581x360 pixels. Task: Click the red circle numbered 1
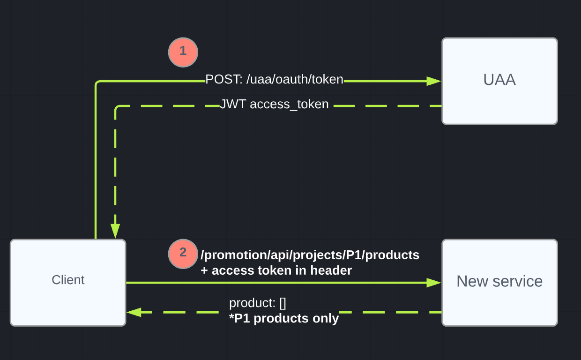tap(183, 52)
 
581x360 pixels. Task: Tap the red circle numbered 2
tap(183, 254)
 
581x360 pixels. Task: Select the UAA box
tap(499, 81)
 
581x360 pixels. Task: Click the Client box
tap(68, 282)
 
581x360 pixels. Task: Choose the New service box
tap(499, 282)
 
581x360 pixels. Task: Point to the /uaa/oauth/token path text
tap(293, 80)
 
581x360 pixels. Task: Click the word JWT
tap(233, 104)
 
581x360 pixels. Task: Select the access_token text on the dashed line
tap(289, 104)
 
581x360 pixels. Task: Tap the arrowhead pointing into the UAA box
tap(434, 81)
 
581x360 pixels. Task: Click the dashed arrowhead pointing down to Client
tap(115, 231)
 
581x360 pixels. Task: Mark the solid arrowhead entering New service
tap(434, 283)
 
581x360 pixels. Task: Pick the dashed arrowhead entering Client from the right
tap(134, 312)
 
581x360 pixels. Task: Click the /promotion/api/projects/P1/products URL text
tap(310, 255)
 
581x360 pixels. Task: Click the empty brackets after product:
tap(283, 303)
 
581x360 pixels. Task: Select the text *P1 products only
tap(283, 319)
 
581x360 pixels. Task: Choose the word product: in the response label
tap(252, 303)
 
